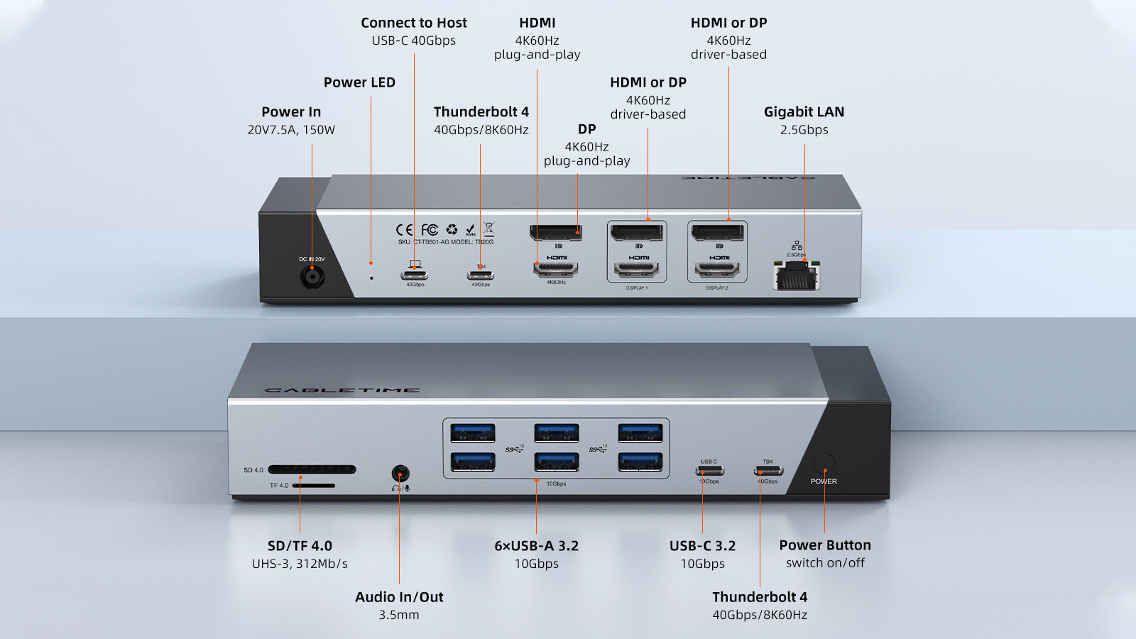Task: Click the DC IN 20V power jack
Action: pos(312,276)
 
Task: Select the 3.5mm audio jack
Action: pos(400,474)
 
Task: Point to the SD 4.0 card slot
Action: pos(312,469)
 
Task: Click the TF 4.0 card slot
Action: pos(313,486)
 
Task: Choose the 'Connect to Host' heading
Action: pos(414,23)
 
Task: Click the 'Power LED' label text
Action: pos(359,82)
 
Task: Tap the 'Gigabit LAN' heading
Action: pos(804,111)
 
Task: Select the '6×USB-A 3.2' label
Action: pos(536,546)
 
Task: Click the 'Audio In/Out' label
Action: pos(399,597)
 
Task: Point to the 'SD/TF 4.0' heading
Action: pos(300,546)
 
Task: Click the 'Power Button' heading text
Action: pos(824,545)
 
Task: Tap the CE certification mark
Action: pos(404,229)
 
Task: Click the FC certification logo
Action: pos(430,229)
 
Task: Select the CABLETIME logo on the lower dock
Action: pos(342,390)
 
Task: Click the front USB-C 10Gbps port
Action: pos(709,471)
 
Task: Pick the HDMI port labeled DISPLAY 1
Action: pos(636,270)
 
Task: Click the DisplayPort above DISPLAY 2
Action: pos(717,232)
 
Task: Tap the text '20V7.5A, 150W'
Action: pos(291,130)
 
